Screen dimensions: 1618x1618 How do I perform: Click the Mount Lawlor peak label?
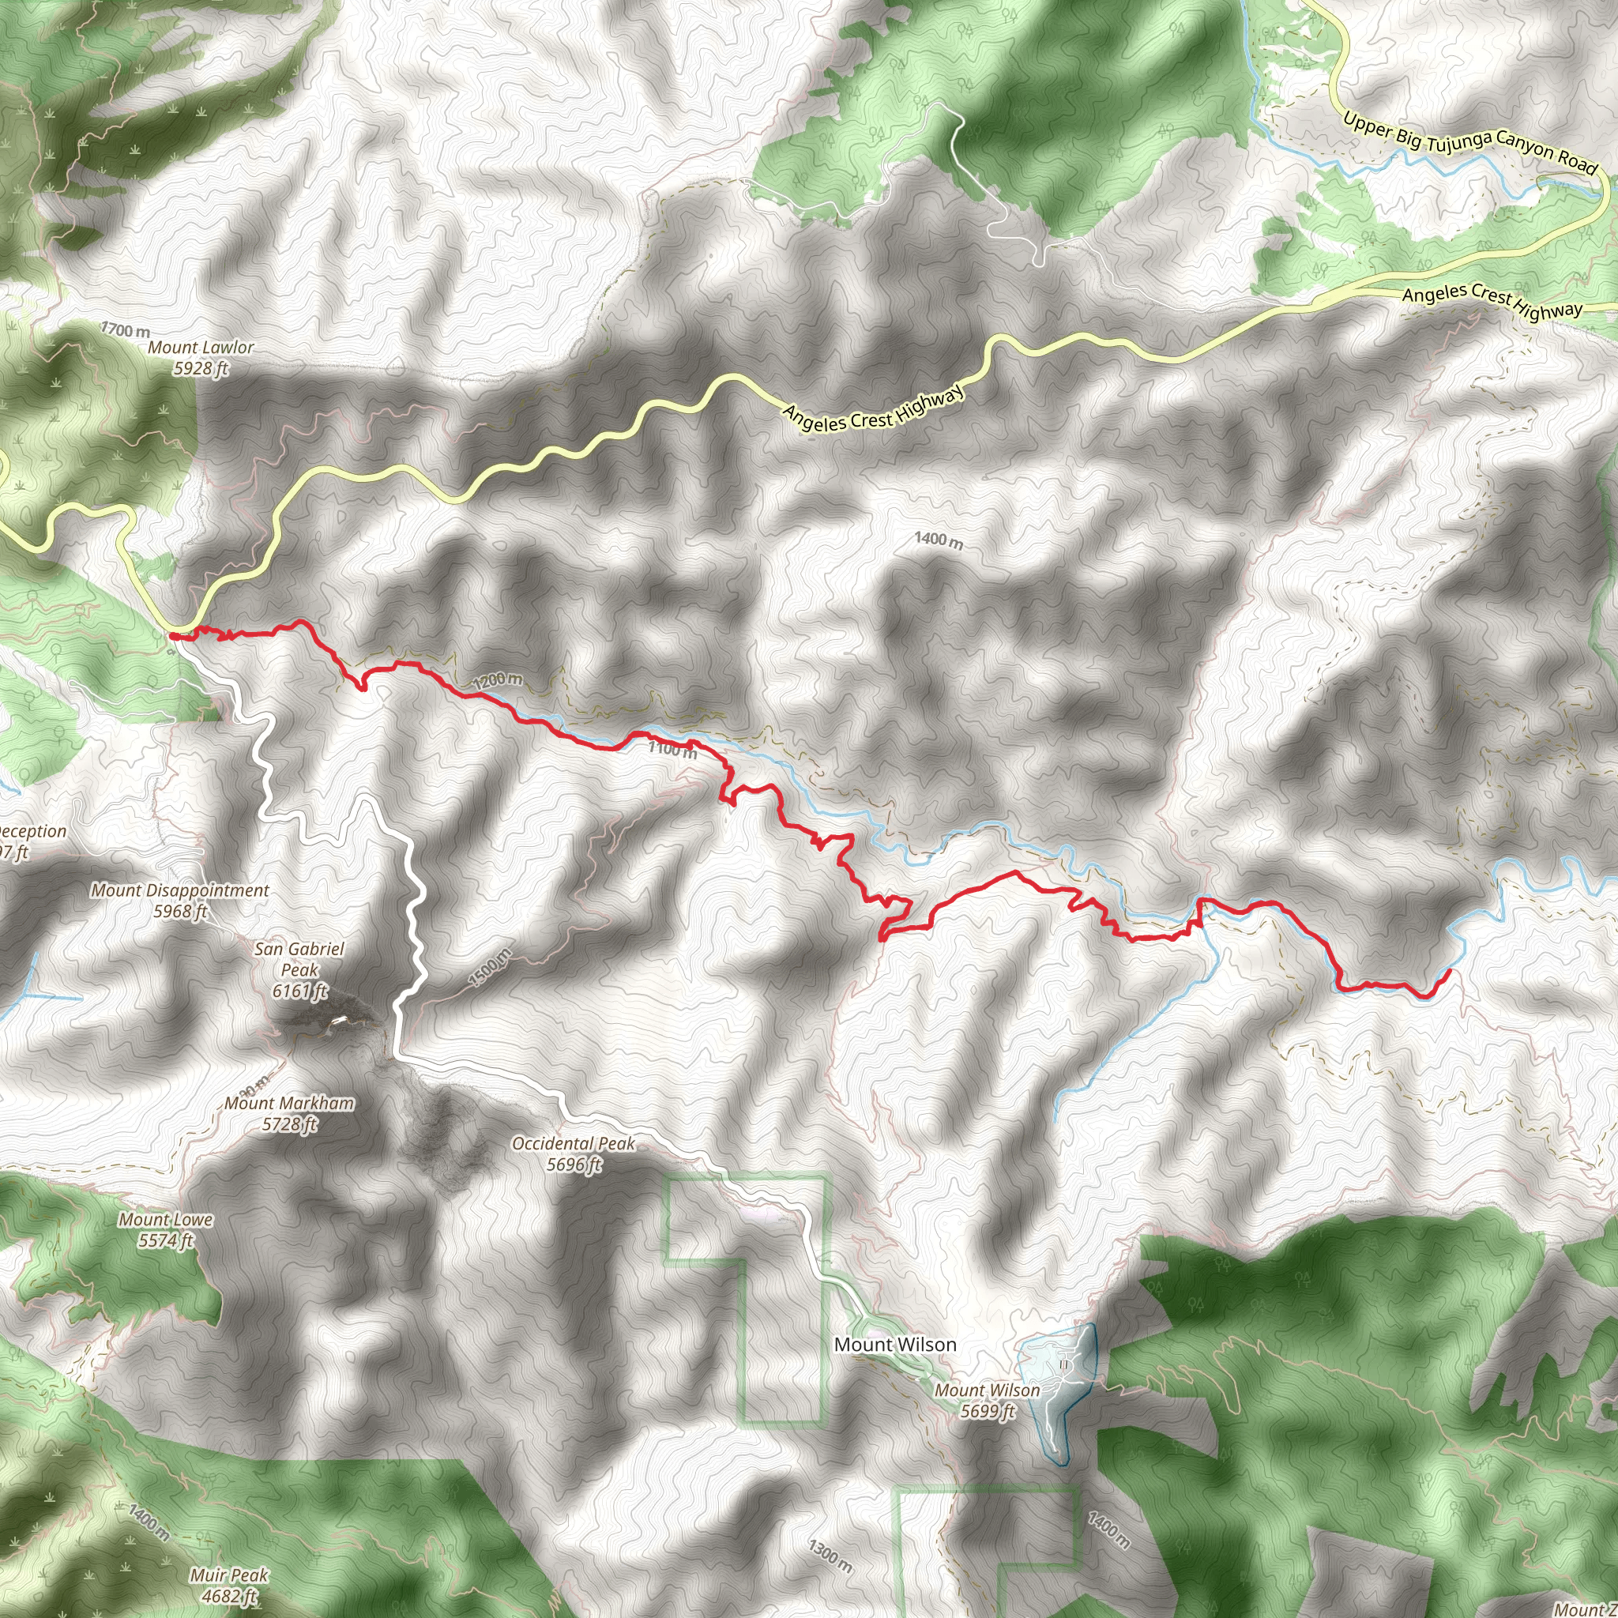pyautogui.click(x=201, y=347)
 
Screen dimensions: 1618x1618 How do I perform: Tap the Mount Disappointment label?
pyautogui.click(x=180, y=890)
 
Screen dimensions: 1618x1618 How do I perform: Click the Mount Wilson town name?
pyautogui.click(x=895, y=1344)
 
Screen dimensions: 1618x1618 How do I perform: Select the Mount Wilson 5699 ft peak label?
pyautogui.click(x=988, y=1390)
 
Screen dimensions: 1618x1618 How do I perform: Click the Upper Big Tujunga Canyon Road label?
pyautogui.click(x=1470, y=144)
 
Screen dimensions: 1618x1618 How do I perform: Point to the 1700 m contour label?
pyautogui.click(x=126, y=330)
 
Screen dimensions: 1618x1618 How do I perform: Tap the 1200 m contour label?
pyautogui.click(x=498, y=681)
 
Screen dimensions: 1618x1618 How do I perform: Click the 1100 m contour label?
pyautogui.click(x=672, y=750)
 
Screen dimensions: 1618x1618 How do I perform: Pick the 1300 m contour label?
pyautogui.click(x=831, y=1554)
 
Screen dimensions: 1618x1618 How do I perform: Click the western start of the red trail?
pyautogui.click(x=172, y=636)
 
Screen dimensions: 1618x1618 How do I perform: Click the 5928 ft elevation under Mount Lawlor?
pyautogui.click(x=201, y=367)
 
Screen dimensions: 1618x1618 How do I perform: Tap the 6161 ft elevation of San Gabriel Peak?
pyautogui.click(x=299, y=991)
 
